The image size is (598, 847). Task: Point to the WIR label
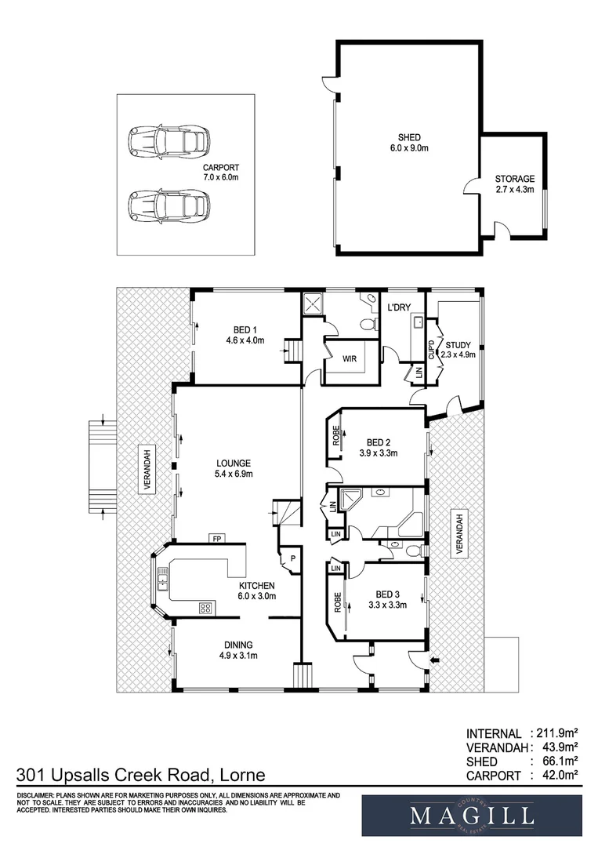pyautogui.click(x=350, y=358)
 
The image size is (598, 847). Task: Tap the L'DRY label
pyautogui.click(x=399, y=307)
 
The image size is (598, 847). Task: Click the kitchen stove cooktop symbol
pyautogui.click(x=205, y=607)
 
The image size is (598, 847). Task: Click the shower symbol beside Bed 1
pyautogui.click(x=312, y=304)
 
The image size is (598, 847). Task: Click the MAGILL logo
pyautogui.click(x=471, y=816)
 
